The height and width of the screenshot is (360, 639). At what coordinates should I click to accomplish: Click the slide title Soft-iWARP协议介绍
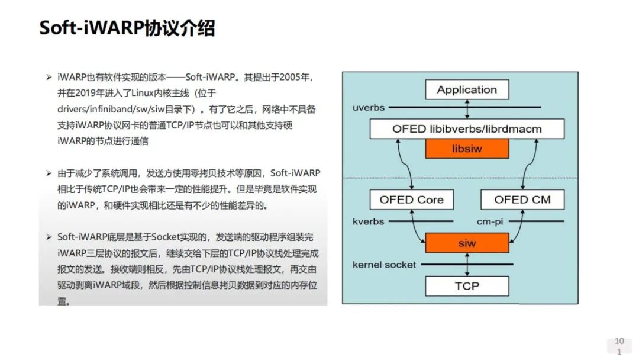(127, 28)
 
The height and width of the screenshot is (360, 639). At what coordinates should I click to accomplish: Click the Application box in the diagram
(467, 89)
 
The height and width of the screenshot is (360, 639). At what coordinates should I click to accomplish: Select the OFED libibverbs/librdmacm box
(467, 129)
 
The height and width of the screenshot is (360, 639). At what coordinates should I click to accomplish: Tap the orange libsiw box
(467, 149)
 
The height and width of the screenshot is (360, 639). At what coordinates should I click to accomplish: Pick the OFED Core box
(412, 200)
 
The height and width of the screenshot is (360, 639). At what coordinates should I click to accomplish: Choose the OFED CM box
(522, 200)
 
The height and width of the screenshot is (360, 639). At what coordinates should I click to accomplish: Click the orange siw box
(467, 243)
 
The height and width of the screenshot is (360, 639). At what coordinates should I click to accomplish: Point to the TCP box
(467, 286)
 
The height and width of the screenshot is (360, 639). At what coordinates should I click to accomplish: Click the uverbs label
(369, 108)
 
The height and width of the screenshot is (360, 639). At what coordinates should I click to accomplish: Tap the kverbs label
(369, 221)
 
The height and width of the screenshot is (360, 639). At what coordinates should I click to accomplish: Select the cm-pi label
(490, 222)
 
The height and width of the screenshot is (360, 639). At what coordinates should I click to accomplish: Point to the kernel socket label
(385, 265)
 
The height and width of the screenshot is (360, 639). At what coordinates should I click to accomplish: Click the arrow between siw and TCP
(467, 265)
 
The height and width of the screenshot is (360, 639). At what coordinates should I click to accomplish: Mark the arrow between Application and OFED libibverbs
(467, 110)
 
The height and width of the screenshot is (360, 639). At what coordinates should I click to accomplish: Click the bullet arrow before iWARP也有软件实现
(49, 77)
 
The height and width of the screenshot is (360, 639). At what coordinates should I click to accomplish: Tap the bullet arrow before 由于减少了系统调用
(49, 173)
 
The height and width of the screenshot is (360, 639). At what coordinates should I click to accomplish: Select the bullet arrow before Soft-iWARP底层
(49, 237)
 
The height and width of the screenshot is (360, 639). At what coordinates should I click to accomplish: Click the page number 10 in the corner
(619, 341)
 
